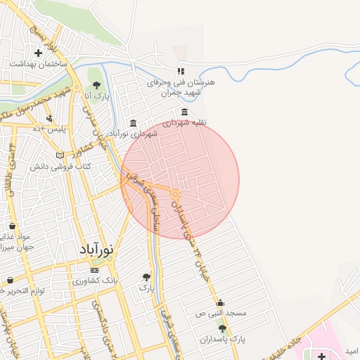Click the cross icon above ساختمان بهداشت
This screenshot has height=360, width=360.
tap(39, 53)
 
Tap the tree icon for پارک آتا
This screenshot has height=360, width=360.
tap(96, 85)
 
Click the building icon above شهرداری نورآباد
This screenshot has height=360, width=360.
tap(134, 124)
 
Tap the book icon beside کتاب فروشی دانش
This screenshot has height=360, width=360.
tap(60, 155)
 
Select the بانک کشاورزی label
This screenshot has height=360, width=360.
tap(101, 281)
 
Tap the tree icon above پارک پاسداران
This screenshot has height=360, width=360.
tap(223, 328)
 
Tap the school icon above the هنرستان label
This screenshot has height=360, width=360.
tap(180, 71)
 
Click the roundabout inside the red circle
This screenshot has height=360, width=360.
tap(174, 193)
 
